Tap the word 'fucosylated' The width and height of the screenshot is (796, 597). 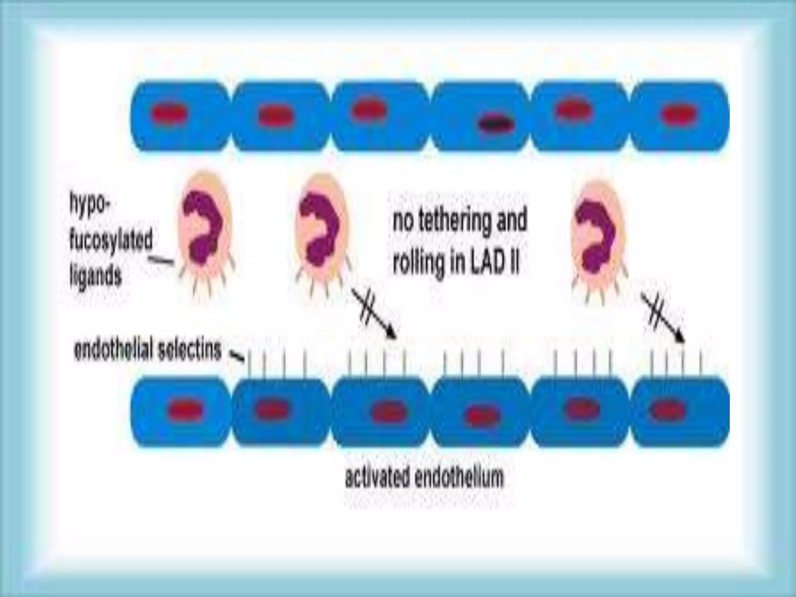(111, 241)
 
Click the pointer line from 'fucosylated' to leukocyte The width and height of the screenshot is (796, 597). (162, 261)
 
